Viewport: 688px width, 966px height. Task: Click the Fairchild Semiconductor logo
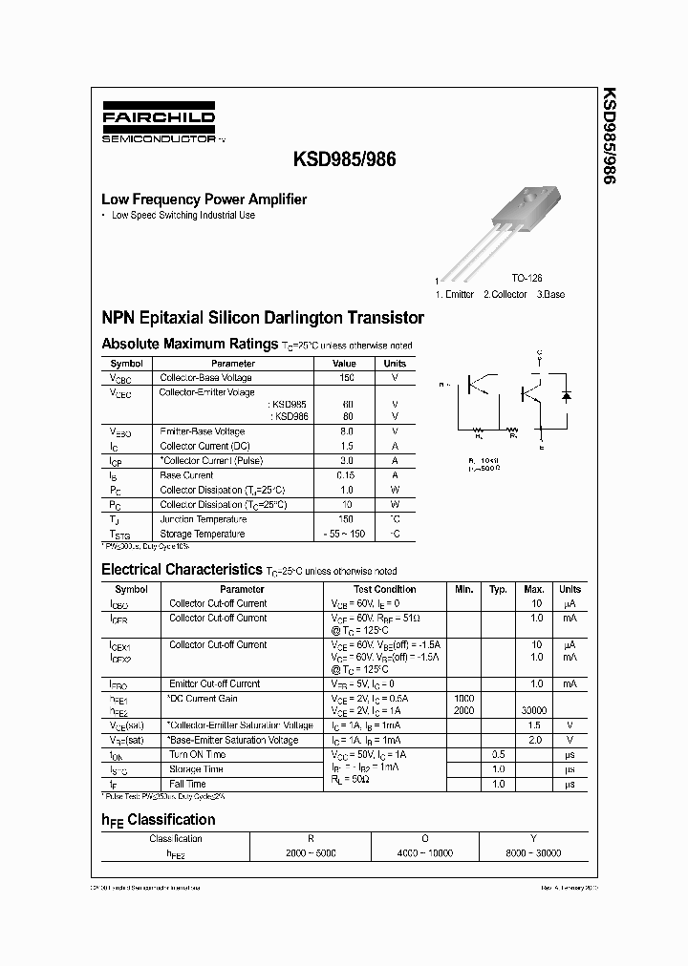click(x=160, y=124)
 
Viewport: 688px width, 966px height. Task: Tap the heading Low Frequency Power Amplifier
click(x=204, y=199)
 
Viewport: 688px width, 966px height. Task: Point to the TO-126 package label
click(x=526, y=277)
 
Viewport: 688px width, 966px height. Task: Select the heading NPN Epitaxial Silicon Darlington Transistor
click(x=263, y=317)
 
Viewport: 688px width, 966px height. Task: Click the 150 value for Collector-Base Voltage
click(x=346, y=377)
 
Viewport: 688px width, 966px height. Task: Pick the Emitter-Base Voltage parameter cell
click(x=203, y=431)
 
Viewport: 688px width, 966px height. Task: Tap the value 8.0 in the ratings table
click(x=346, y=431)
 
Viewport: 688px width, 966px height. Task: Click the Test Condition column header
click(x=384, y=589)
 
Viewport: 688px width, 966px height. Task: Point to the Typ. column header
click(x=498, y=589)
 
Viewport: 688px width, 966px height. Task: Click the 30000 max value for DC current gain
click(x=534, y=711)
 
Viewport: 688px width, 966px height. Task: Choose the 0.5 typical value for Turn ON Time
click(x=498, y=754)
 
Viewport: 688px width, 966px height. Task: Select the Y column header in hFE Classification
click(x=532, y=838)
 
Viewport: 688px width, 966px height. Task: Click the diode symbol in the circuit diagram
click(x=566, y=394)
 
